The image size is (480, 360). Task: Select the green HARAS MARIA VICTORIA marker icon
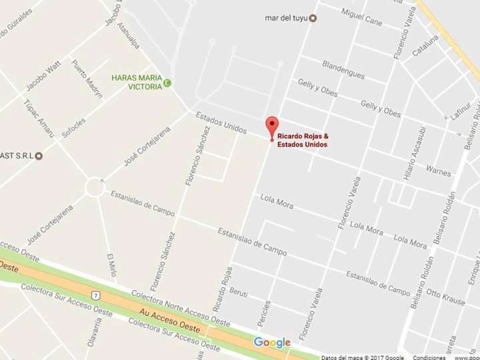pos(167,83)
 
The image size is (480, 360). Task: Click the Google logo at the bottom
pos(272,343)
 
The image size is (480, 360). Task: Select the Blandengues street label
pos(343,69)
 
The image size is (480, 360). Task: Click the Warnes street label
pos(438,171)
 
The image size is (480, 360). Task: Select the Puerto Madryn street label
pos(87,79)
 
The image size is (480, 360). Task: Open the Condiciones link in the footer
pos(429,357)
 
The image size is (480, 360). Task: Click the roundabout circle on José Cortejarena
pos(94,187)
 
